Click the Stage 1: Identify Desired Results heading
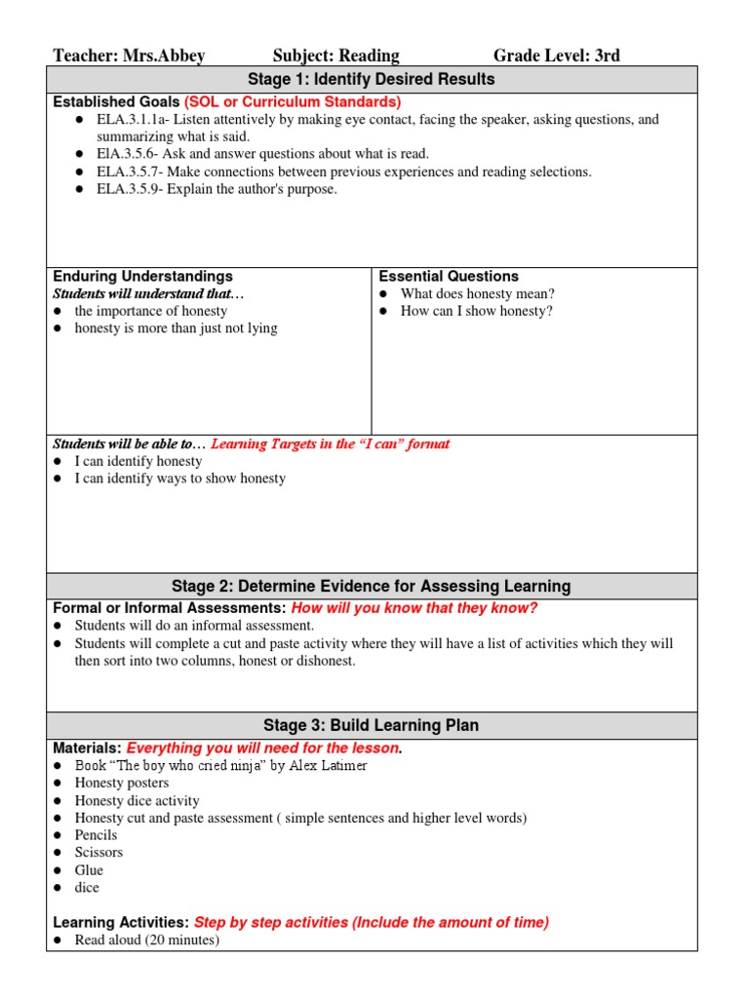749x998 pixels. click(x=373, y=80)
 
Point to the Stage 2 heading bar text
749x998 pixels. click(x=372, y=586)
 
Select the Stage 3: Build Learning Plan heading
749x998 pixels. click(x=372, y=725)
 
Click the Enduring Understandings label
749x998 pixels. click(x=142, y=277)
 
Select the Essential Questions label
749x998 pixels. click(x=449, y=277)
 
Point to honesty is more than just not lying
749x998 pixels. click(x=176, y=329)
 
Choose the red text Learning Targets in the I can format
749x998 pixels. click(x=331, y=444)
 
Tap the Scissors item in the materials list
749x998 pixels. click(x=99, y=853)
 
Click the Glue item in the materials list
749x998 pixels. click(x=89, y=870)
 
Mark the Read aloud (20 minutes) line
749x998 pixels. click(x=146, y=940)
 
